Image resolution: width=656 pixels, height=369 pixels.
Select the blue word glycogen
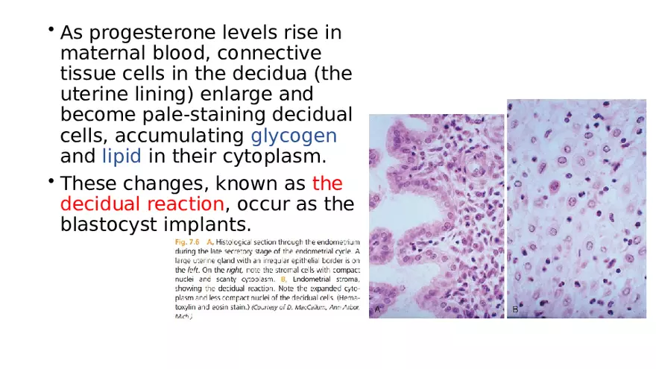point(294,136)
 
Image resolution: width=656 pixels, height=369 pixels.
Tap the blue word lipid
point(123,157)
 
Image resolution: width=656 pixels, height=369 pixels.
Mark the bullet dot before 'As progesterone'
point(50,31)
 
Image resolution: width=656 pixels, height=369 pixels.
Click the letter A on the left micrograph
point(378,307)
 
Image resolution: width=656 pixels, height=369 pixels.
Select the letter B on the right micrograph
point(515,308)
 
